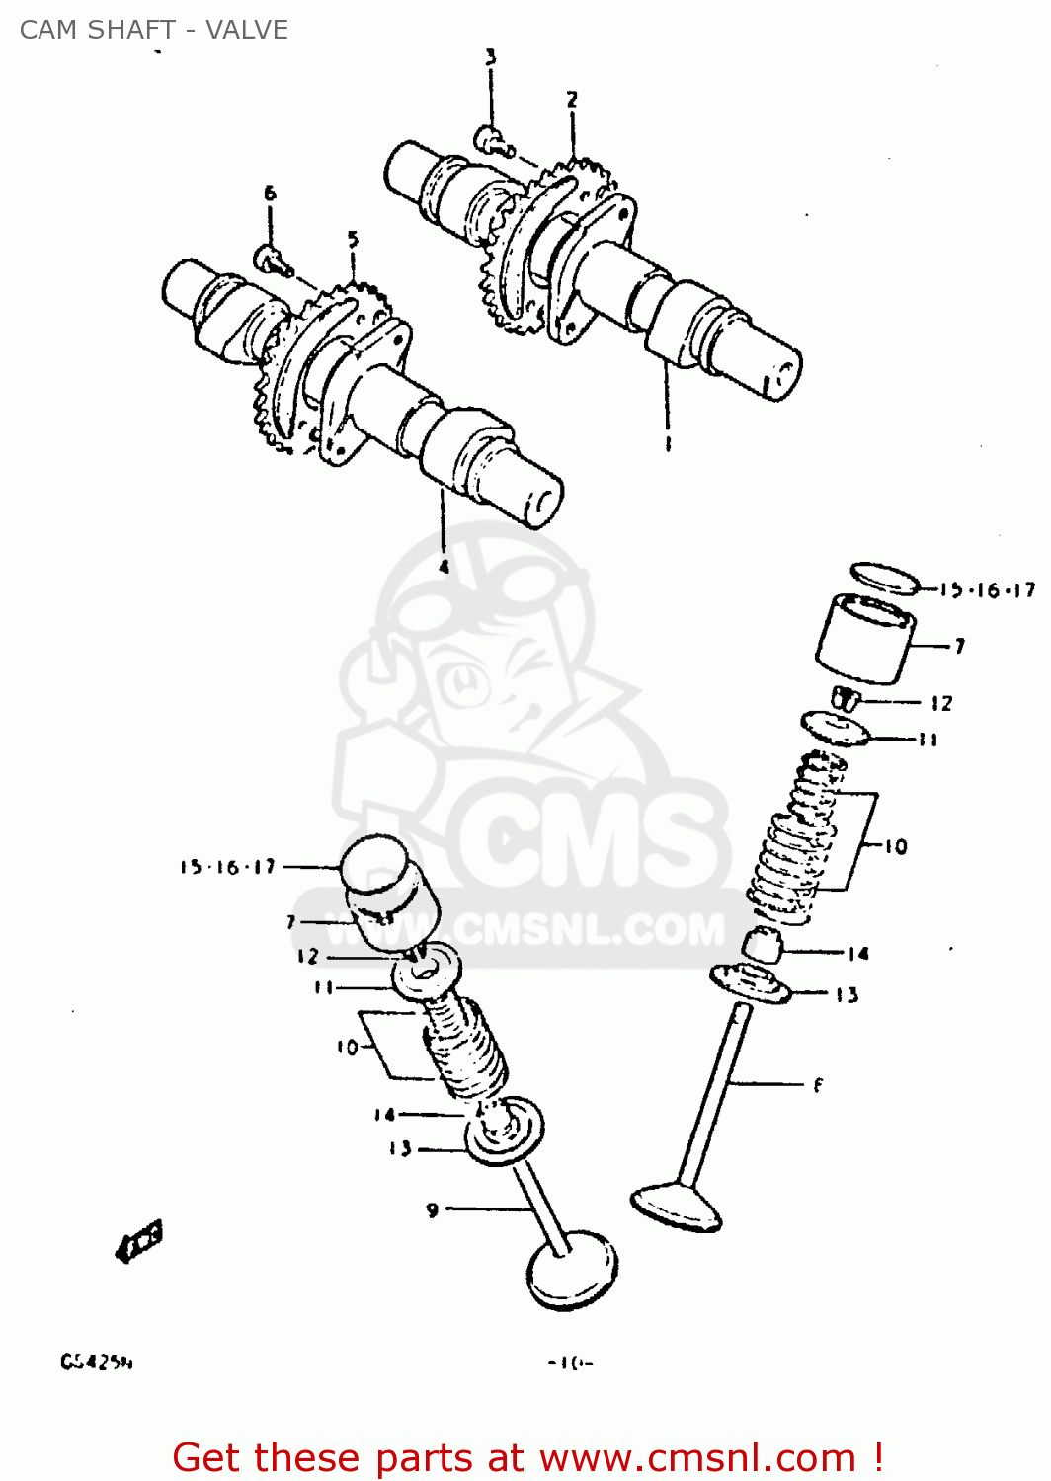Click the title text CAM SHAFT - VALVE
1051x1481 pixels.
(154, 30)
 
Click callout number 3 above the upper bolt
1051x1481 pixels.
(490, 57)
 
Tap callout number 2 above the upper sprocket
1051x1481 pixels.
(572, 99)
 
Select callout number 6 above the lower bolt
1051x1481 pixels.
(270, 194)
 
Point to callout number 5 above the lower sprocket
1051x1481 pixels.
(353, 239)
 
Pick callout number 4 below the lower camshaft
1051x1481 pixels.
(444, 566)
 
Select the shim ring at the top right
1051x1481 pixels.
(885, 579)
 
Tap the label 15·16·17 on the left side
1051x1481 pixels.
(227, 867)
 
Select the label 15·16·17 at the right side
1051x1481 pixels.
(987, 590)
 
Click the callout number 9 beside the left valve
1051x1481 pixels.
(433, 1209)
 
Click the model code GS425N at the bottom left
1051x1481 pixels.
(97, 1363)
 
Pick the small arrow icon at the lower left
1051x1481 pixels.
(139, 1241)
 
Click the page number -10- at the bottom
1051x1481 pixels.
(571, 1364)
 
